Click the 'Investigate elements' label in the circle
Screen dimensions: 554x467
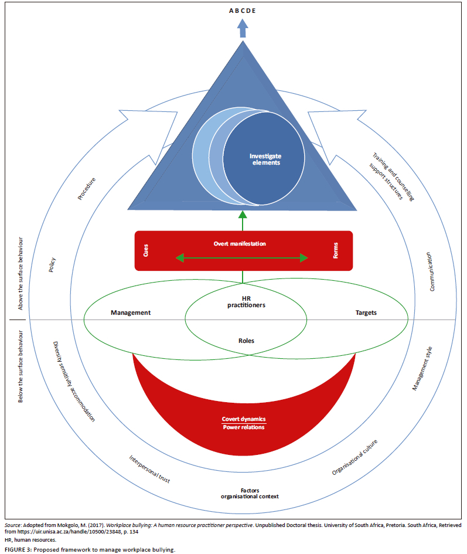[x=265, y=159]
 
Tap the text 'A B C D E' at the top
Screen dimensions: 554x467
[x=242, y=10]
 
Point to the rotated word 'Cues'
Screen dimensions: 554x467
[x=145, y=251]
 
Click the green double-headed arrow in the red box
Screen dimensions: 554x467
[x=243, y=257]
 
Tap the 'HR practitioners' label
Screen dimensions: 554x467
[x=246, y=301]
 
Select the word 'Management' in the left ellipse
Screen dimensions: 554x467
[x=131, y=312]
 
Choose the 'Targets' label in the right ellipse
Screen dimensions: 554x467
[x=366, y=312]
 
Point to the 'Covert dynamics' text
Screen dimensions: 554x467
[x=243, y=419]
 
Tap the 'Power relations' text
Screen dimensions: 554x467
[x=243, y=427]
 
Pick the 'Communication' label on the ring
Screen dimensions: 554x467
[x=431, y=271]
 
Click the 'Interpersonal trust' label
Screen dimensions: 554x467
[x=149, y=468]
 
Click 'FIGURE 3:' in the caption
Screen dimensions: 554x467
[x=19, y=549]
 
